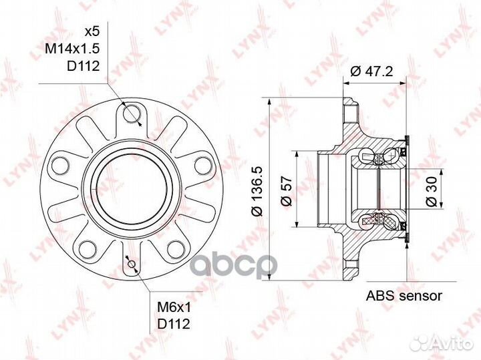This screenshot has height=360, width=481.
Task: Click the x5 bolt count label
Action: (x=92, y=31)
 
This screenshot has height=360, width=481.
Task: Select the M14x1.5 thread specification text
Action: (x=73, y=49)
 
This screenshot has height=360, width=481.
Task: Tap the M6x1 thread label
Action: (x=174, y=307)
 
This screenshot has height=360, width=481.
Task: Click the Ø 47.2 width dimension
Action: (x=371, y=71)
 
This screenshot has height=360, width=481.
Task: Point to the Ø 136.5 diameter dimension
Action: (x=257, y=191)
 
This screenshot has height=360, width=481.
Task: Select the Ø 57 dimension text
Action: (x=287, y=191)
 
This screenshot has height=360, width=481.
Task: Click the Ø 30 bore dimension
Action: (x=432, y=191)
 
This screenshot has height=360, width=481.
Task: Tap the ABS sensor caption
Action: (x=404, y=296)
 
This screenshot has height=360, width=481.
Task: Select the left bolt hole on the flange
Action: (x=60, y=165)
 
